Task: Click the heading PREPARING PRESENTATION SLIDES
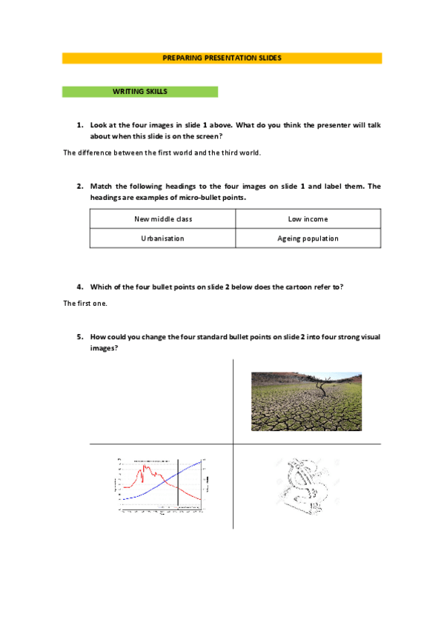pyautogui.click(x=222, y=58)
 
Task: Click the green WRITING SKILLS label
pyautogui.click(x=139, y=92)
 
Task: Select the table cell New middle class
pyautogui.click(x=162, y=219)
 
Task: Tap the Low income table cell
pyautogui.click(x=308, y=219)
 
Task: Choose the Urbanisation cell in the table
pyautogui.click(x=162, y=238)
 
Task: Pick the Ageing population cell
pyautogui.click(x=308, y=238)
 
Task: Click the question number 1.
pyautogui.click(x=79, y=126)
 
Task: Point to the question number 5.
pyautogui.click(x=79, y=337)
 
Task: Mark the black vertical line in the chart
pyautogui.click(x=179, y=485)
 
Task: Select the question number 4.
pyautogui.click(x=79, y=286)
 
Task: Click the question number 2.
pyautogui.click(x=79, y=186)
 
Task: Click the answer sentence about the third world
pyautogui.click(x=162, y=153)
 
